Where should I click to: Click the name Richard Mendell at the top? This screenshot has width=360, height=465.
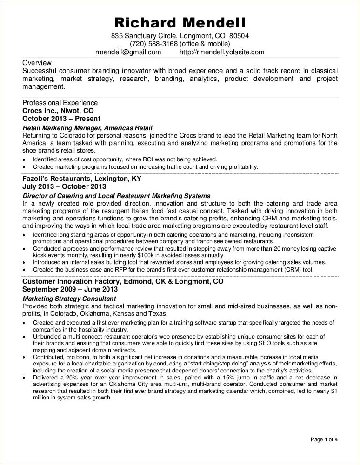(180, 23)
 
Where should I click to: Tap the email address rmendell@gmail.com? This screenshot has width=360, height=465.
(128, 52)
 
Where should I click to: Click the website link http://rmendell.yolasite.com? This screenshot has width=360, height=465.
(222, 52)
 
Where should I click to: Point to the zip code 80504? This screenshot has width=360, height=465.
(240, 35)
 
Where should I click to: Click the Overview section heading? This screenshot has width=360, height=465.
(37, 63)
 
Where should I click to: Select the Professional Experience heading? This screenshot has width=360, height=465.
(60, 103)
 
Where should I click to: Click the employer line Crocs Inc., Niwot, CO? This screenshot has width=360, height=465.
(58, 111)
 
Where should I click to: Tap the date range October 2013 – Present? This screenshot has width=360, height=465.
(61, 119)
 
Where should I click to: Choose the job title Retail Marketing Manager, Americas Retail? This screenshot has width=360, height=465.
(87, 128)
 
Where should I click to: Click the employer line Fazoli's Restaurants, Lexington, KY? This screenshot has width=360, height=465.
(82, 179)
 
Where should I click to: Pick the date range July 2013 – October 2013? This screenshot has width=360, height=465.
(64, 186)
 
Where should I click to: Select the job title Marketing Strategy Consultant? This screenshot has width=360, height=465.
(69, 298)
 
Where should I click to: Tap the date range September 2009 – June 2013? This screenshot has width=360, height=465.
(70, 289)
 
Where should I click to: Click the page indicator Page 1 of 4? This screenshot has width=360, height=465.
(324, 439)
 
